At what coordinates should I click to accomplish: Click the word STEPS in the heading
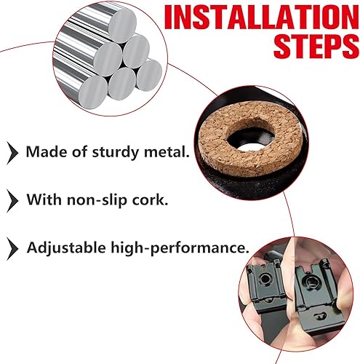(x=316, y=46)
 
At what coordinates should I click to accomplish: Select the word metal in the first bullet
(x=167, y=151)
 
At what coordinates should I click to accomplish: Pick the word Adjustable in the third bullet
(x=66, y=248)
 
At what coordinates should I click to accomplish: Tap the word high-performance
(x=180, y=248)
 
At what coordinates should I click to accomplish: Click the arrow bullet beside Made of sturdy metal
(x=12, y=153)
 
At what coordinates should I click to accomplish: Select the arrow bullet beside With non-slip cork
(x=12, y=201)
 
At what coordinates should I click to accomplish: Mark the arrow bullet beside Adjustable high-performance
(x=12, y=249)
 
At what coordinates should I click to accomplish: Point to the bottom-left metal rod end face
(x=93, y=92)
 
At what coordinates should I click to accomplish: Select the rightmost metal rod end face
(x=149, y=75)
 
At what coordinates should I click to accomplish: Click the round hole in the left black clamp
(x=265, y=279)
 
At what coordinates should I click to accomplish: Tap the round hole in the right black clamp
(x=310, y=282)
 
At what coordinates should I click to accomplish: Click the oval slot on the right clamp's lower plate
(x=319, y=316)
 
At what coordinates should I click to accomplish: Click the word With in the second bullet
(x=44, y=199)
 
